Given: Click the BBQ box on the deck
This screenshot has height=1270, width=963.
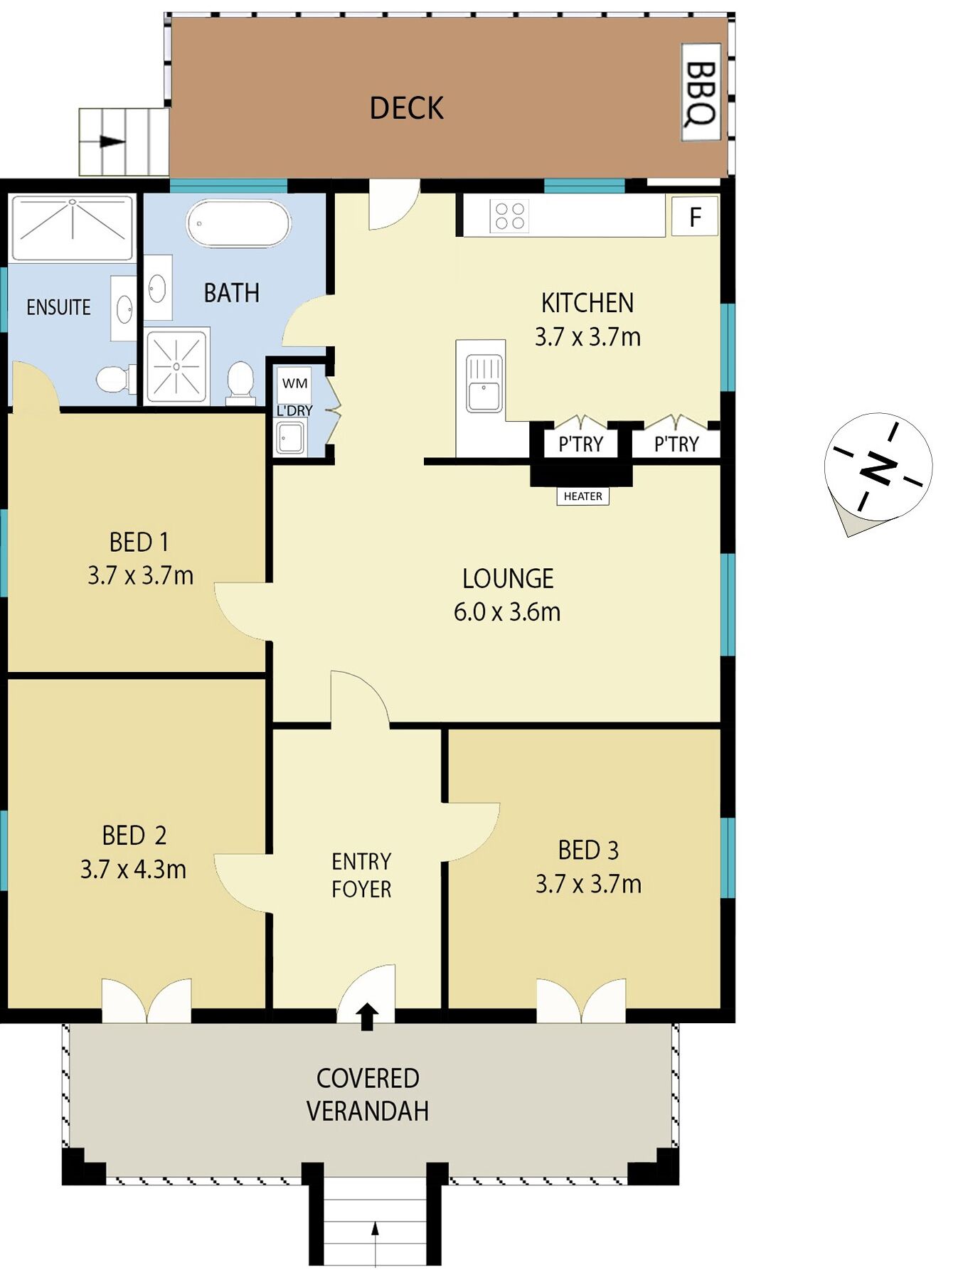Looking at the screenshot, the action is (701, 92).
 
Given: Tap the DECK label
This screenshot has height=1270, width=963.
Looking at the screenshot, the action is (406, 108).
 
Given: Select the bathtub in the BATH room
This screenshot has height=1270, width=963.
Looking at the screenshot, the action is (238, 223).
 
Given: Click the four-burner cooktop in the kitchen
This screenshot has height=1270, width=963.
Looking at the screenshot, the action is (509, 216).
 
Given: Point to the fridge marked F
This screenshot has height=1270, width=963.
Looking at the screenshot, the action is (695, 216).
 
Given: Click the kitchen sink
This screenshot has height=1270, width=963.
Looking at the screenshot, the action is (484, 383).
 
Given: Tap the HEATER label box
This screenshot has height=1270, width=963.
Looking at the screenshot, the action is (582, 496).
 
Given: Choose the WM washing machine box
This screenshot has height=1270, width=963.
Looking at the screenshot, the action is (294, 384).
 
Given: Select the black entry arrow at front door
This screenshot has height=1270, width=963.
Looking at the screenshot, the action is (367, 1016).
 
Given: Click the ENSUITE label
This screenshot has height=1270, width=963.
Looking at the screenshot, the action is (58, 307).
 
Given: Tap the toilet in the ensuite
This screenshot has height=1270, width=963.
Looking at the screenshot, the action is (115, 379).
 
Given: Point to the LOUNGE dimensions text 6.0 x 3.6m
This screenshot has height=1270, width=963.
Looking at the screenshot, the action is (507, 612).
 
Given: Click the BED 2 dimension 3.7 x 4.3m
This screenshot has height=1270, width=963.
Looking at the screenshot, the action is (133, 869).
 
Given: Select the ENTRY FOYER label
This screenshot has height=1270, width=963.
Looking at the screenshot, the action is (361, 875).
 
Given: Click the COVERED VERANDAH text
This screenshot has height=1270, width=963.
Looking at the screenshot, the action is (368, 1094).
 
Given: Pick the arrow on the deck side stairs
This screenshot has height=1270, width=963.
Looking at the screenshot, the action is (112, 141).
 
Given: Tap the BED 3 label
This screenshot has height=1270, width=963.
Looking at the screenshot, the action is (588, 850).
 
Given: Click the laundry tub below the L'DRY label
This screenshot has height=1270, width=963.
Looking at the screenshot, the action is (291, 437).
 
